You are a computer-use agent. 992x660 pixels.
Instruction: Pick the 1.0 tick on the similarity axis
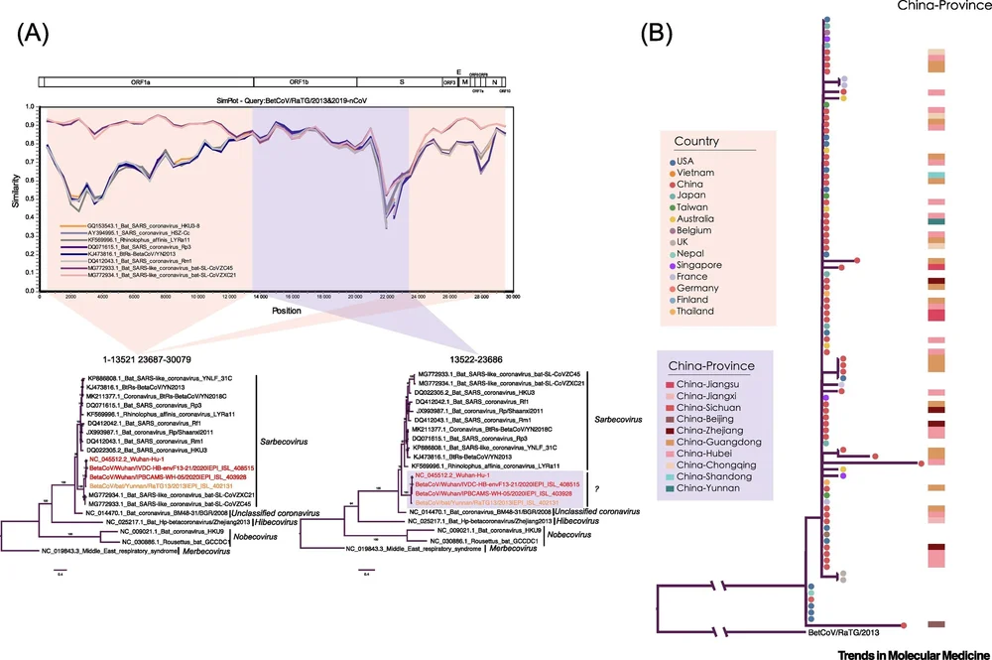31,105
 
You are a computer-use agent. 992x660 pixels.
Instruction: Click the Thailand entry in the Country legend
700,312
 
